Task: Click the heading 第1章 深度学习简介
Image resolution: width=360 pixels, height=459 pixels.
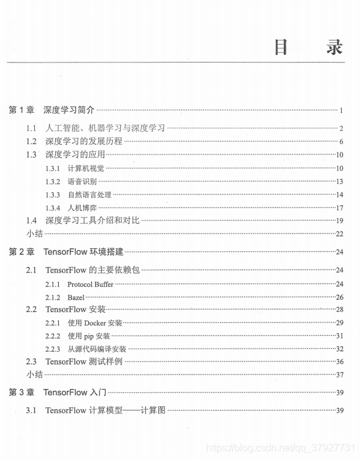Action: (x=52, y=110)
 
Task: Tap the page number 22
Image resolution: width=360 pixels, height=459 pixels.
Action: (x=339, y=234)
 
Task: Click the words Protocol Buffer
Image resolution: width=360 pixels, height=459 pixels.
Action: (x=90, y=284)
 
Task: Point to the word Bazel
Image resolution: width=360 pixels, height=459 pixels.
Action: (x=75, y=297)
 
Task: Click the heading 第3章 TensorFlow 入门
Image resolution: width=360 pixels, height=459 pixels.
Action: (x=58, y=392)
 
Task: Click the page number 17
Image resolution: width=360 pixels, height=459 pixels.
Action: (x=339, y=208)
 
